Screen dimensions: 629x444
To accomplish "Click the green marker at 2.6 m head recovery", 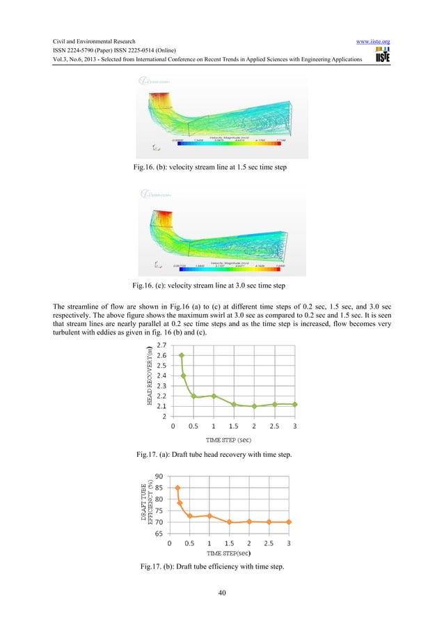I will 182,355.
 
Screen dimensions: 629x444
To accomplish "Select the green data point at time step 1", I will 214,396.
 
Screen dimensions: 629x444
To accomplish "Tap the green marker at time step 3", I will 296,404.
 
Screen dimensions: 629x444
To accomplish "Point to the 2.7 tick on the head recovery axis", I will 161,345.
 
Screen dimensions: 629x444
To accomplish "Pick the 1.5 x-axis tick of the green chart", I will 234,426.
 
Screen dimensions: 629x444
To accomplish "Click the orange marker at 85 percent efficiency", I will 177,488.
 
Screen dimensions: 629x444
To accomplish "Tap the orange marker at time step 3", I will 289,522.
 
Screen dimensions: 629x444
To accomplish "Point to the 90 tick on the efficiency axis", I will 159,476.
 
